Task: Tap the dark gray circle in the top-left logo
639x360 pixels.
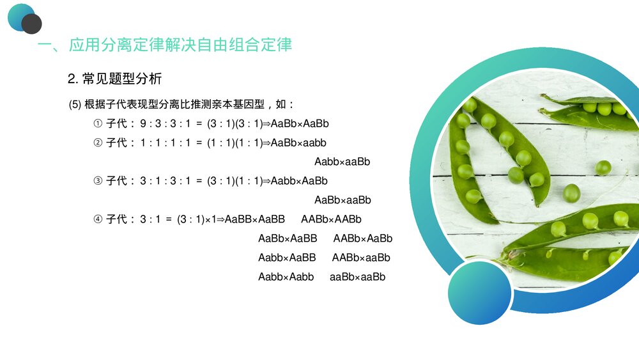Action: click(x=31, y=24)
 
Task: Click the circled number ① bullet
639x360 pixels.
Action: click(x=98, y=123)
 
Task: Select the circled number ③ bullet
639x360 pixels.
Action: click(x=98, y=181)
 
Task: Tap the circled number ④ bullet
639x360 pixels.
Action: click(x=98, y=219)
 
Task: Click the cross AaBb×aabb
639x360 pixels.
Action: click(x=298, y=143)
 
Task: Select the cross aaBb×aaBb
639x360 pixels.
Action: click(x=357, y=277)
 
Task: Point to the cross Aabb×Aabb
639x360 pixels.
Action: click(x=286, y=277)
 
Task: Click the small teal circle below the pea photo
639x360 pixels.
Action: click(x=479, y=293)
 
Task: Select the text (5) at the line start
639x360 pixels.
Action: click(x=74, y=104)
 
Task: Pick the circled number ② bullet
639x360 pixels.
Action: click(x=98, y=143)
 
